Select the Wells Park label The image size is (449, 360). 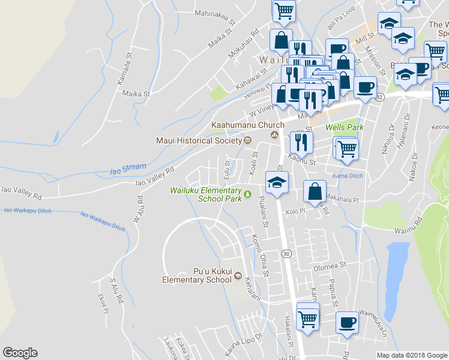(x=342, y=128)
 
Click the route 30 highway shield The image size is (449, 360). (x=287, y=254)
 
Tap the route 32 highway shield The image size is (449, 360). (x=379, y=96)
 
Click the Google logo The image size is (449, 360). (x=20, y=353)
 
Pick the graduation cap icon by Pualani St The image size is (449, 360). (x=277, y=182)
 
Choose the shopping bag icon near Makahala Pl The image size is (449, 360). (x=315, y=191)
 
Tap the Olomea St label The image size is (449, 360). (x=330, y=265)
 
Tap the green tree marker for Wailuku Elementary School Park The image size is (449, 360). (x=247, y=194)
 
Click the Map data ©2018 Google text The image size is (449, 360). (x=411, y=355)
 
